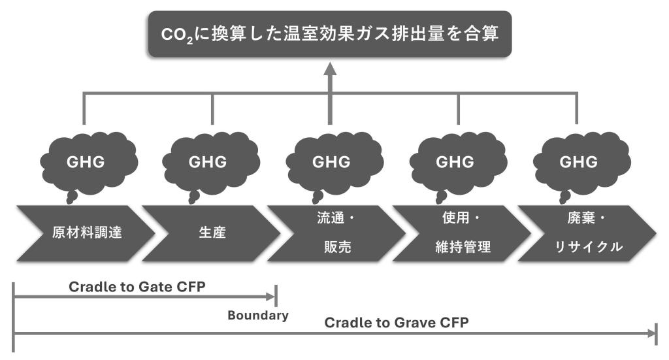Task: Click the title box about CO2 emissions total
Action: pyautogui.click(x=329, y=33)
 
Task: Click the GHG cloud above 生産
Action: pyautogui.click(x=208, y=162)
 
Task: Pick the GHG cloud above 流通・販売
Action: pyautogui.click(x=331, y=162)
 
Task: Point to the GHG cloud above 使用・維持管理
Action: pyautogui.click(x=455, y=162)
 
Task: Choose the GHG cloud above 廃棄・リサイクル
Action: pyautogui.click(x=578, y=162)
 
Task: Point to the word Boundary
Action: pyautogui.click(x=258, y=316)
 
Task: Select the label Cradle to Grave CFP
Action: pyautogui.click(x=397, y=323)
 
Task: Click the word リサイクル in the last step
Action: pyautogui.click(x=584, y=248)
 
